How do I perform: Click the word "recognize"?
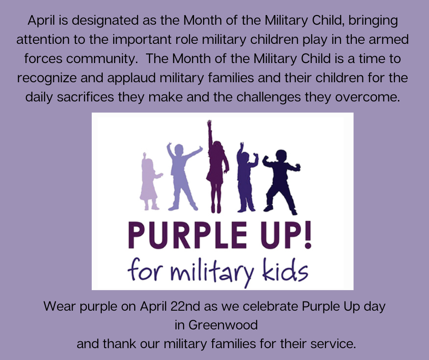pos(47,79)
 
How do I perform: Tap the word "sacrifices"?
pos(85,97)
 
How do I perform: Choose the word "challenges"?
pos(268,97)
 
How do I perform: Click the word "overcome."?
pos(367,97)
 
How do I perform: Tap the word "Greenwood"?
pos(223,325)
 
